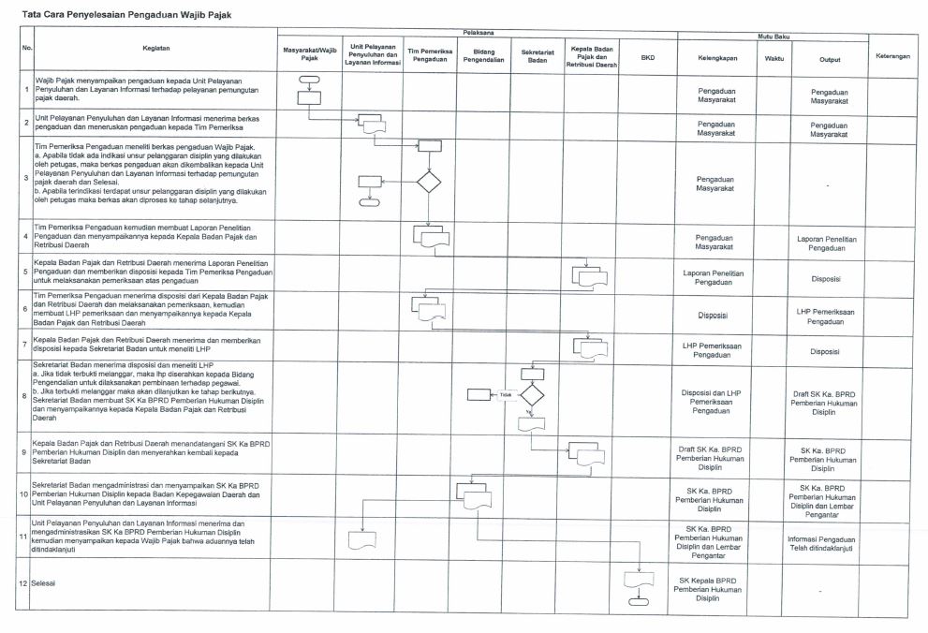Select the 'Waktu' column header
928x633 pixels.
click(x=773, y=59)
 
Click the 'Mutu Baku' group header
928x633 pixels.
click(x=773, y=37)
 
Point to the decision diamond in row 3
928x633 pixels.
click(x=429, y=181)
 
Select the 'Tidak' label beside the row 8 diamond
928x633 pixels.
click(x=507, y=394)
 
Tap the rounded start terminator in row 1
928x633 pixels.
click(x=309, y=81)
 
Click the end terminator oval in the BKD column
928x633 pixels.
click(x=639, y=601)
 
